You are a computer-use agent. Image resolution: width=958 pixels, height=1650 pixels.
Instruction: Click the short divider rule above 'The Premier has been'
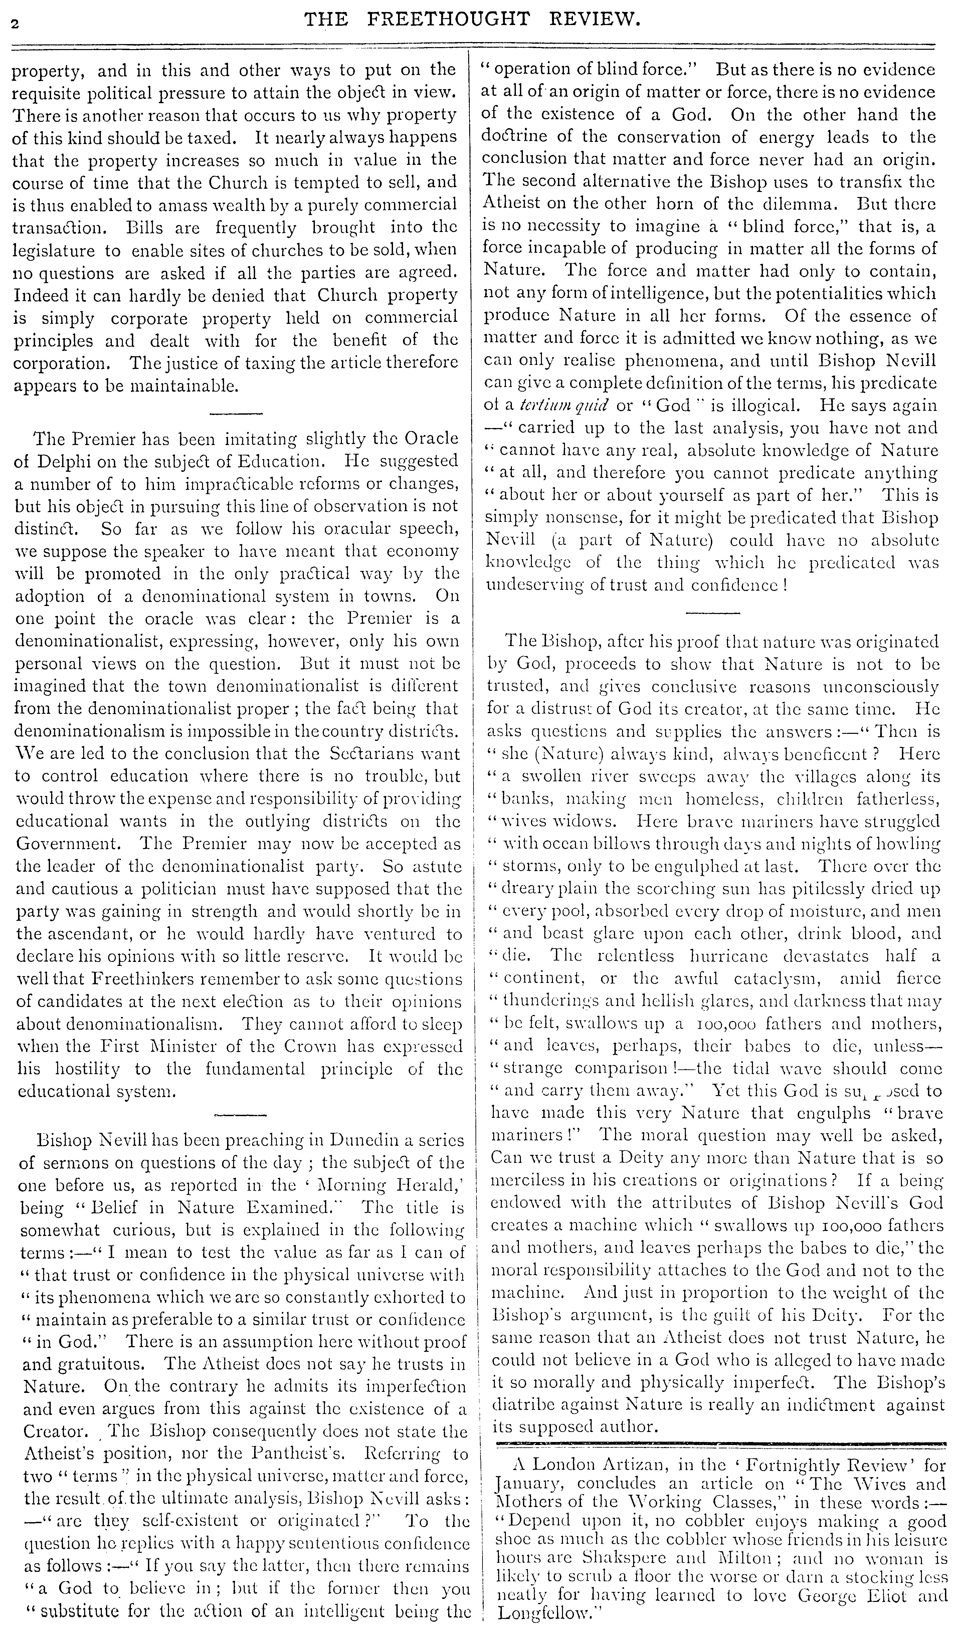(x=236, y=413)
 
